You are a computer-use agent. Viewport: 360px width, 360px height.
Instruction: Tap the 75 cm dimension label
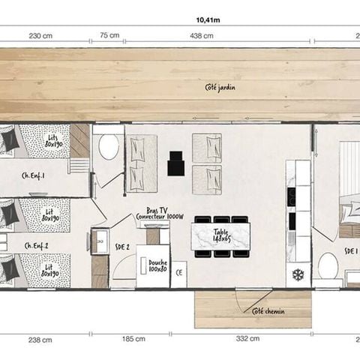pos(109,35)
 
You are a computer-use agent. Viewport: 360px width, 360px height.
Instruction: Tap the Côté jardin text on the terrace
pos(217,88)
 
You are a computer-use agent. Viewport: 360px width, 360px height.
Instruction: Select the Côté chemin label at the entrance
pos(268,311)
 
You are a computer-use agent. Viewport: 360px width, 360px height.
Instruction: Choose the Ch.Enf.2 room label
pos(37,245)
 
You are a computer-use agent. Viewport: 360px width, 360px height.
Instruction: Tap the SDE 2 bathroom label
pos(122,246)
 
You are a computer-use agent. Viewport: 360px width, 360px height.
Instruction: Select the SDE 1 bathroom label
pos(350,251)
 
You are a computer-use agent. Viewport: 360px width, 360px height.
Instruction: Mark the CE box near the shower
pos(179,274)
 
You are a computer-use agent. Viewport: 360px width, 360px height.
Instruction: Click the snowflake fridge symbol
pos(297,274)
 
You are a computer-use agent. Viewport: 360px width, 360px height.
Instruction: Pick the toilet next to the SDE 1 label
pos(328,265)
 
